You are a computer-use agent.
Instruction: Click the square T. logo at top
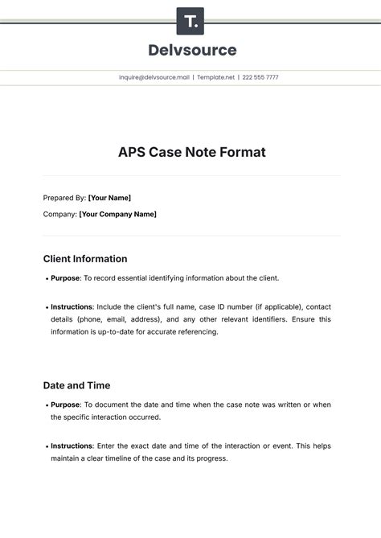click(x=190, y=21)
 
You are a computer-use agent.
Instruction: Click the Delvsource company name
click(x=192, y=50)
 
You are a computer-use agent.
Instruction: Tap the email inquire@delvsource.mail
click(x=154, y=78)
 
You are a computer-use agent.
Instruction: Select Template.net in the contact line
click(x=215, y=78)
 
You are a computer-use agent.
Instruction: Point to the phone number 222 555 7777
click(x=261, y=78)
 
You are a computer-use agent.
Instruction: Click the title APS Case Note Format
click(x=191, y=151)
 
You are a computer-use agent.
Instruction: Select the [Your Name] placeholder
click(x=109, y=198)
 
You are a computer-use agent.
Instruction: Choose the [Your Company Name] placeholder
click(x=118, y=214)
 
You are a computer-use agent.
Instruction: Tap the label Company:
click(x=60, y=214)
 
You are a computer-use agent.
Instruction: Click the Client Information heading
click(x=85, y=259)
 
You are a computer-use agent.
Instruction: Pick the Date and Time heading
click(x=76, y=385)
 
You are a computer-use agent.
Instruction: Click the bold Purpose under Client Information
click(x=66, y=278)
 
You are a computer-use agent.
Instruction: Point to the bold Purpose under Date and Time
click(x=66, y=405)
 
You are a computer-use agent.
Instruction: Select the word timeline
click(x=125, y=458)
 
